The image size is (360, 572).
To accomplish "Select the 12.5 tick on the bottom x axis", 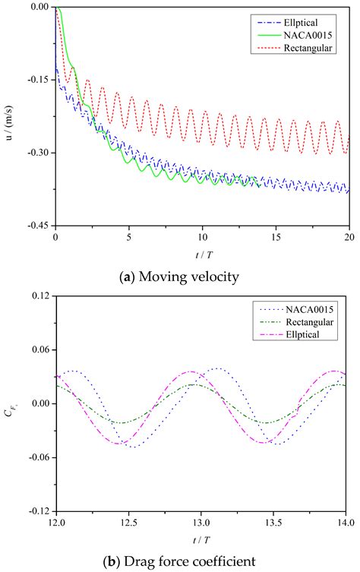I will coord(128,523).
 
